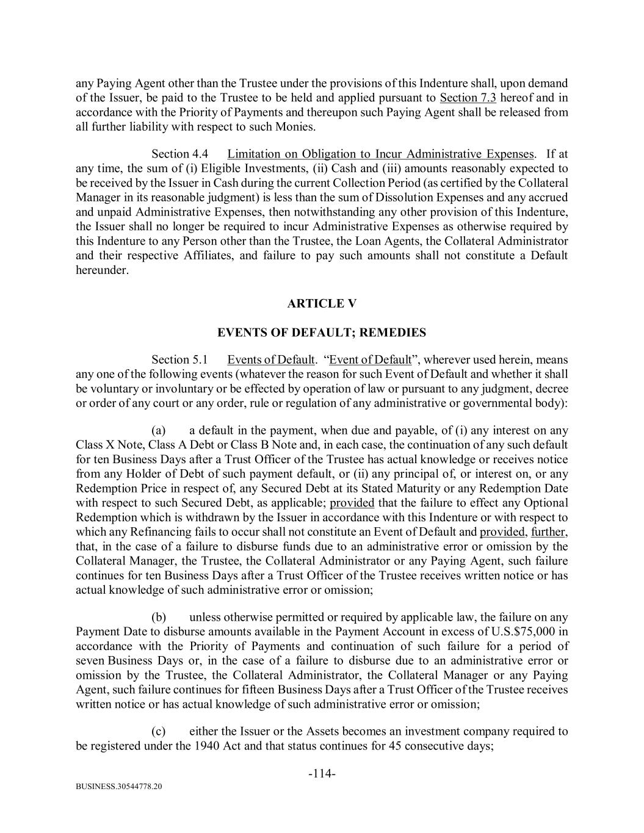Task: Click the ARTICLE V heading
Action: [322, 304]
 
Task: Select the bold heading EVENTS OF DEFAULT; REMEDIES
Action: [322, 333]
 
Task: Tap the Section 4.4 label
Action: [184, 154]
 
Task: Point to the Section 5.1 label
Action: [184, 359]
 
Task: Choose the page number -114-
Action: [322, 774]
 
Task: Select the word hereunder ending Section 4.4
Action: [102, 270]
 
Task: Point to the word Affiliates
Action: [208, 256]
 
